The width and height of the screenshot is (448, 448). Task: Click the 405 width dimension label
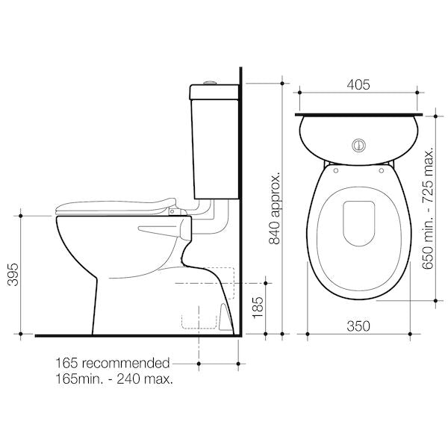click(359, 85)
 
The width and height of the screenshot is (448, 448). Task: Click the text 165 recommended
click(113, 364)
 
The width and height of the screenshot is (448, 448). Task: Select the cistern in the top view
click(359, 139)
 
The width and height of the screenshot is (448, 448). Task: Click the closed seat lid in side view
click(119, 206)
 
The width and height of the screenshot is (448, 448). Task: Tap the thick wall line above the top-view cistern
click(359, 115)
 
